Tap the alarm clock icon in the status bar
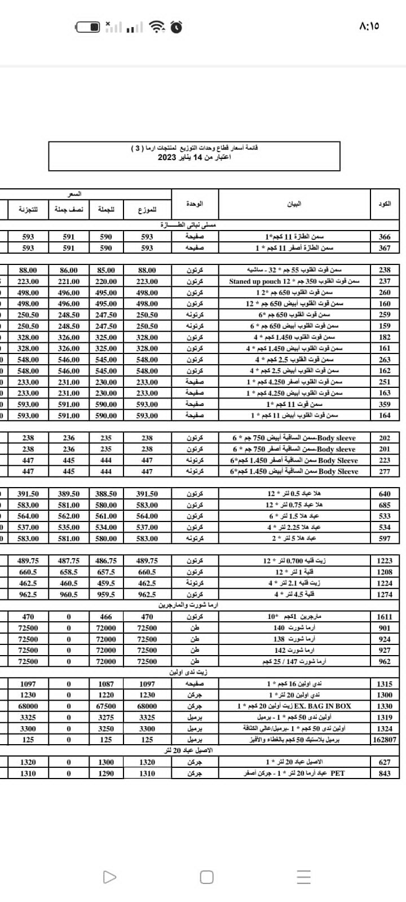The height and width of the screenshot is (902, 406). pyautogui.click(x=176, y=26)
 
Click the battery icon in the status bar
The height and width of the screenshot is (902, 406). pyautogui.click(x=89, y=26)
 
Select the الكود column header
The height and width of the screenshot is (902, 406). pyautogui.click(x=385, y=204)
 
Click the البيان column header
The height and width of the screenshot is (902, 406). pyautogui.click(x=294, y=204)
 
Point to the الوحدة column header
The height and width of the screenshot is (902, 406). pyautogui.click(x=195, y=204)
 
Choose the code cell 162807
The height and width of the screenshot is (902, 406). pyautogui.click(x=385, y=740)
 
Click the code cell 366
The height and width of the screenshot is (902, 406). pyautogui.click(x=385, y=237)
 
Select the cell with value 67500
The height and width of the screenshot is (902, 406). pyautogui.click(x=106, y=706)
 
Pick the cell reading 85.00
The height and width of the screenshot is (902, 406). pyautogui.click(x=106, y=271)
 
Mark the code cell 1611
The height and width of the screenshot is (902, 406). pyautogui.click(x=385, y=617)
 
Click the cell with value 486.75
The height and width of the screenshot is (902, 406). pyautogui.click(x=106, y=561)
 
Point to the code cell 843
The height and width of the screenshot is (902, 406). pyautogui.click(x=385, y=773)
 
